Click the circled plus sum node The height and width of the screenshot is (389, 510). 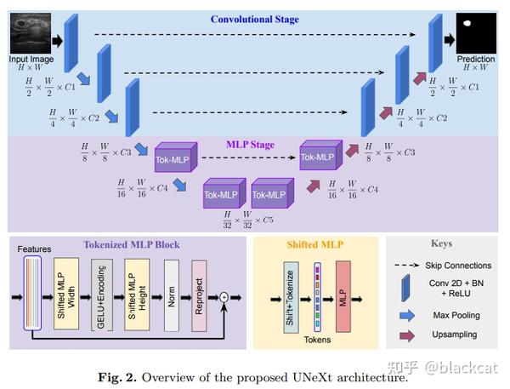pos(225,297)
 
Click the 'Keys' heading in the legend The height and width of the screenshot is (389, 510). pos(442,243)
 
